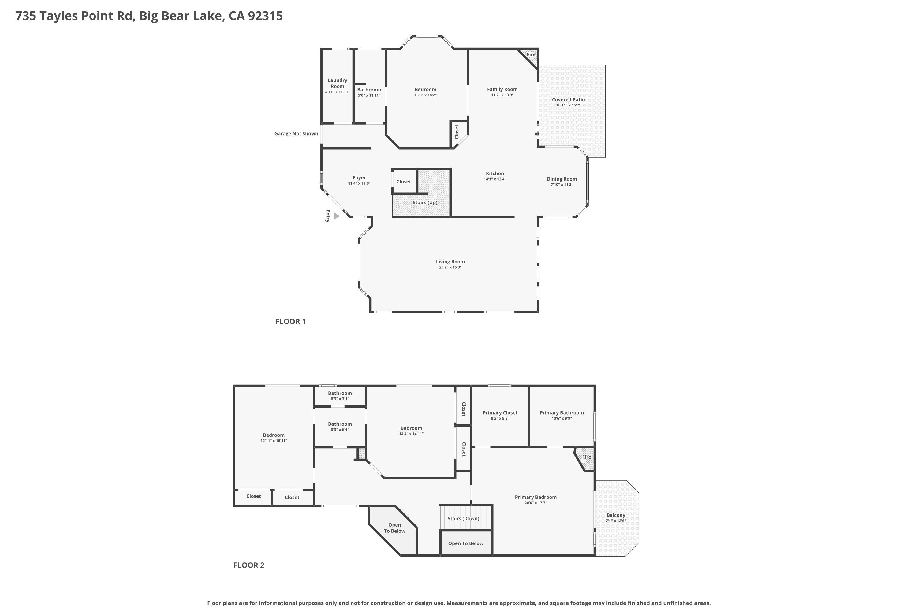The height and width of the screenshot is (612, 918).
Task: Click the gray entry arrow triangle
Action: (x=336, y=216)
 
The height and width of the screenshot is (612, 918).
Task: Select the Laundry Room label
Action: (x=338, y=84)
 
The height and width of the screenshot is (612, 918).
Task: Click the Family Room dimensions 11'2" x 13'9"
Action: (x=502, y=95)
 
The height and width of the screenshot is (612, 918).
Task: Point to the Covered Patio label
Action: (x=568, y=99)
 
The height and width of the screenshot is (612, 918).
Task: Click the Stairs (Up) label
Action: (x=425, y=203)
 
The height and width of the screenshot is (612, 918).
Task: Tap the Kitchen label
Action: (x=495, y=173)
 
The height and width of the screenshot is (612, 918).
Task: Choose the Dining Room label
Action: (x=562, y=179)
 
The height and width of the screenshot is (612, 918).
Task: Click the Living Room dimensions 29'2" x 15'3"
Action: (x=450, y=267)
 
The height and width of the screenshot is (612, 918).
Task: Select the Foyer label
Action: (x=359, y=177)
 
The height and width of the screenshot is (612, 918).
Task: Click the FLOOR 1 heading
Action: (x=291, y=322)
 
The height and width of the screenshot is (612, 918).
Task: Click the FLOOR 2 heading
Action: (x=249, y=565)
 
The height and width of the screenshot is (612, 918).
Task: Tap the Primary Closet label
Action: (x=500, y=412)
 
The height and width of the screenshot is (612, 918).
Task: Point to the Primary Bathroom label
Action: (x=562, y=412)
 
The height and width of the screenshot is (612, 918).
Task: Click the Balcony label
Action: (x=616, y=515)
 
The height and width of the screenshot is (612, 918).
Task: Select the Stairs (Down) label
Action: (x=463, y=518)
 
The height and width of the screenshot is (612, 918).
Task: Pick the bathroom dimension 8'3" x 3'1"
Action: (x=340, y=399)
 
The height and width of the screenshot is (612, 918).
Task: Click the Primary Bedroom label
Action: (x=535, y=497)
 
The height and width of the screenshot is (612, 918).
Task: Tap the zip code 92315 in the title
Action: (x=265, y=16)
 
